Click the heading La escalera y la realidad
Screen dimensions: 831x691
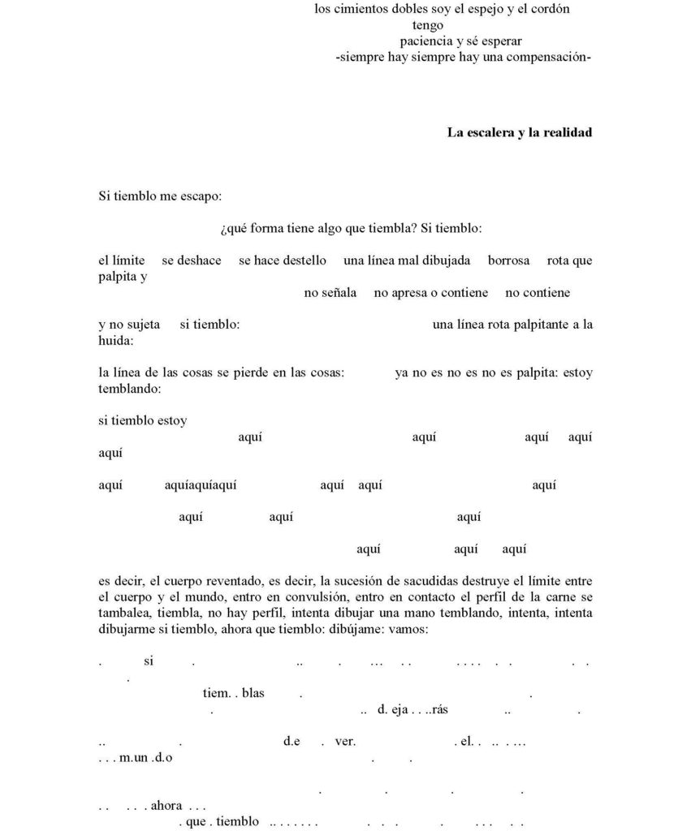(x=519, y=132)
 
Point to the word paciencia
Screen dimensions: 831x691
(x=429, y=41)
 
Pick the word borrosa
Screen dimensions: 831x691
(x=508, y=260)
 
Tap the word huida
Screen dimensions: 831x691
(x=114, y=340)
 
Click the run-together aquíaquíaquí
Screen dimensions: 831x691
(x=201, y=484)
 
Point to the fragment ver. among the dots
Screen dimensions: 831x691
(x=345, y=741)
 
